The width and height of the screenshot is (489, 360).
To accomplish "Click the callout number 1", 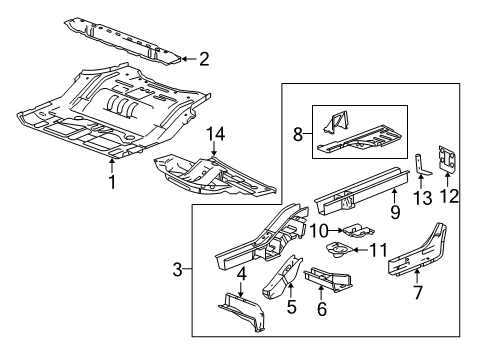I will [x=111, y=183].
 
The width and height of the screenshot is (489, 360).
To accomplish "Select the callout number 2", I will [x=203, y=59].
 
